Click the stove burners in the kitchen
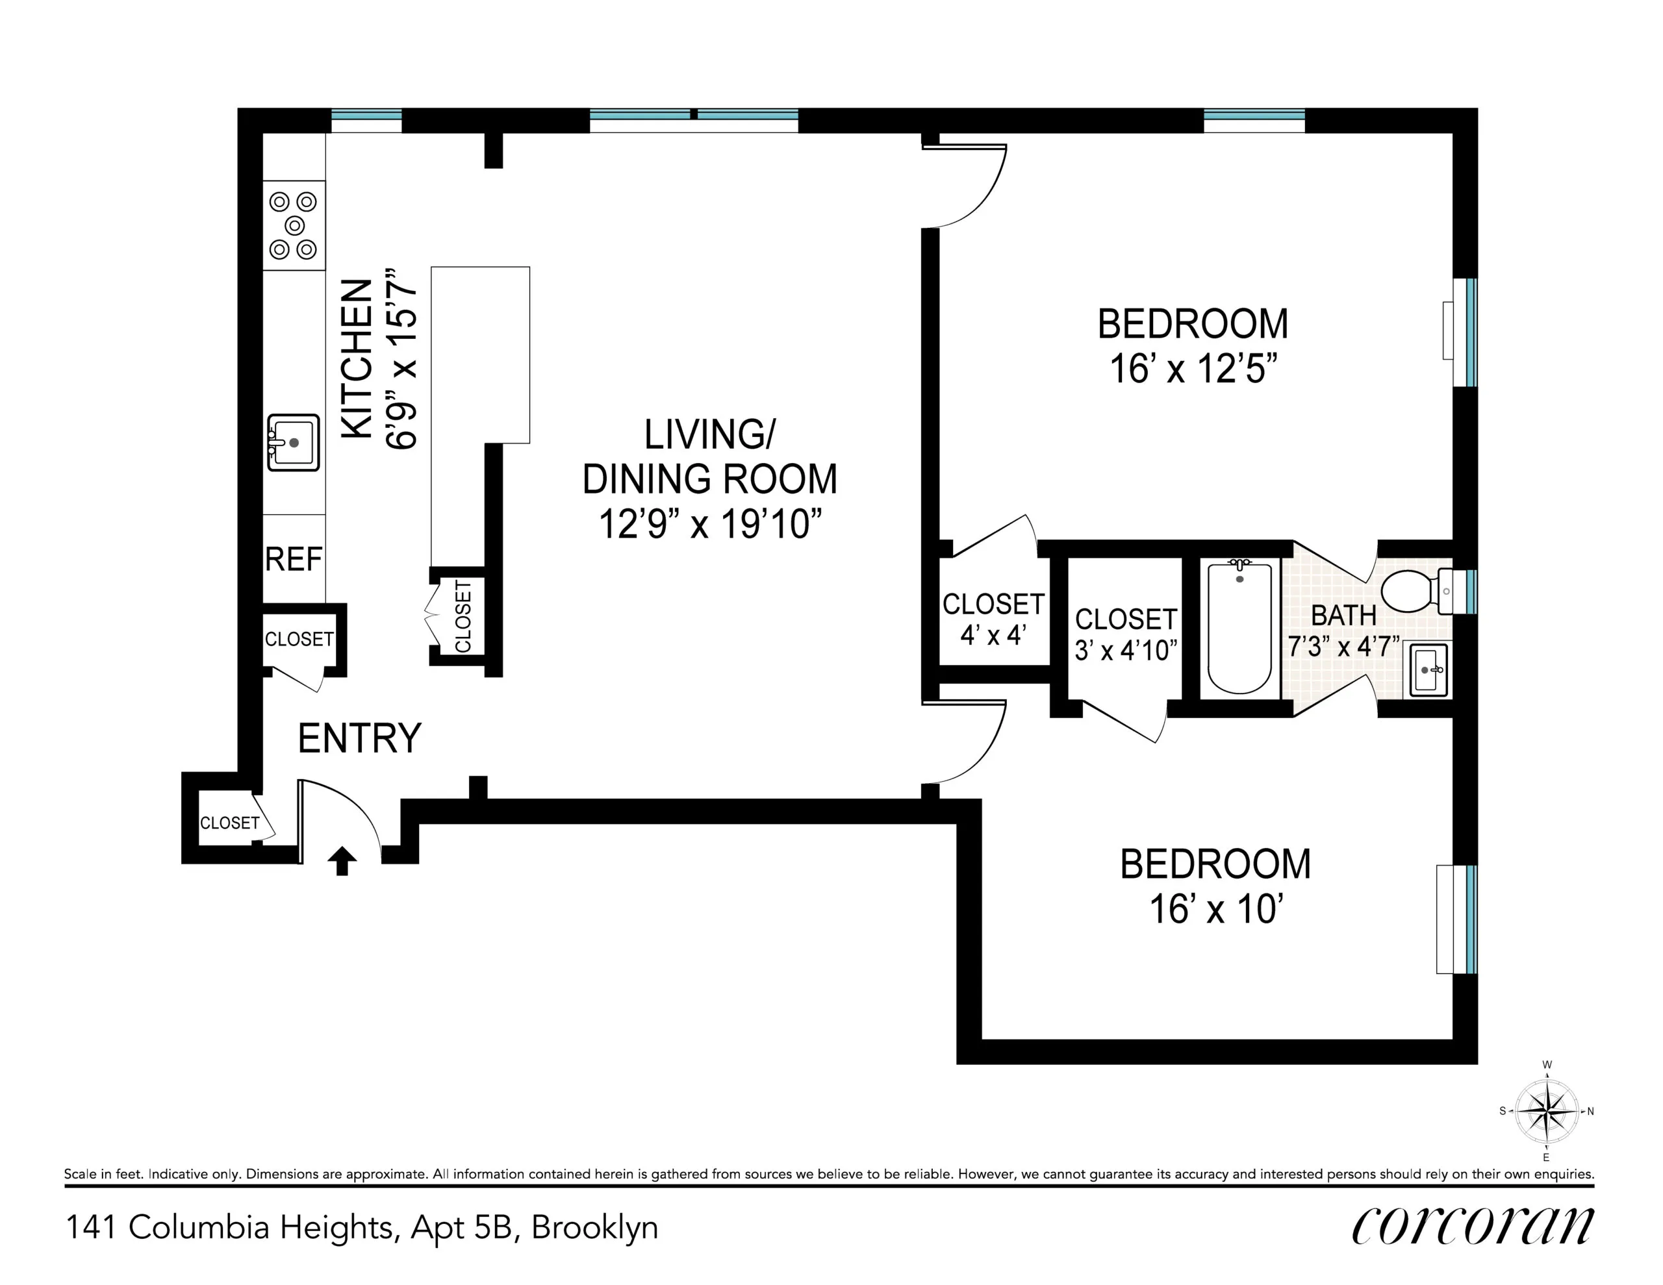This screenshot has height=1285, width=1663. click(x=294, y=225)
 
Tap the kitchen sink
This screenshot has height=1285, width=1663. click(x=293, y=442)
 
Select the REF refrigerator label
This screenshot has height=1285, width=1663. click(x=293, y=560)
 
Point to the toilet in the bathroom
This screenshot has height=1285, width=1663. click(x=1408, y=591)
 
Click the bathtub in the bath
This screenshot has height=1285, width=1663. click(x=1239, y=628)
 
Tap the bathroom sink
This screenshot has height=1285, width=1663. click(x=1428, y=670)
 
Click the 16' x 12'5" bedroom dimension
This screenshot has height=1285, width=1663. click(x=1193, y=369)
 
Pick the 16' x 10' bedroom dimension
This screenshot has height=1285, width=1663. click(x=1216, y=910)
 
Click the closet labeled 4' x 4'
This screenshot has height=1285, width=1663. click(x=992, y=619)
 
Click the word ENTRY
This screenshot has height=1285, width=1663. click(x=359, y=738)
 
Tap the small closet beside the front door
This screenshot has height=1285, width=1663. click(x=229, y=823)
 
